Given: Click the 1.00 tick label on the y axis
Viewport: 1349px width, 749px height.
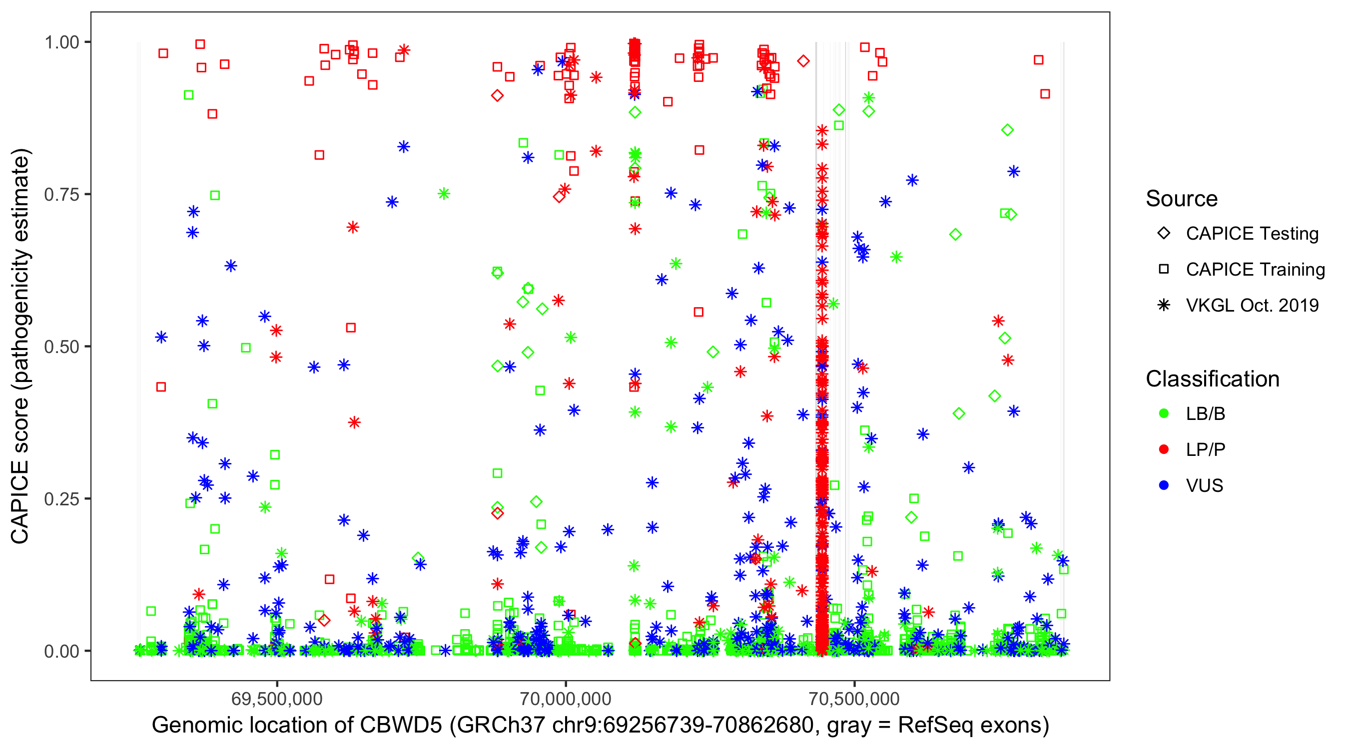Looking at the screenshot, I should tap(61, 42).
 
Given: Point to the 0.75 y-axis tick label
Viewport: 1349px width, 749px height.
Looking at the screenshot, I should tap(61, 195).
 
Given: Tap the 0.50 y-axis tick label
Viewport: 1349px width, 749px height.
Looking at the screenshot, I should tap(61, 347).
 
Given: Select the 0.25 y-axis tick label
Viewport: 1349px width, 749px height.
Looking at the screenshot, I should tap(61, 499).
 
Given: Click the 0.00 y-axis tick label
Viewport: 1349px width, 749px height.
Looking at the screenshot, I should tap(61, 651).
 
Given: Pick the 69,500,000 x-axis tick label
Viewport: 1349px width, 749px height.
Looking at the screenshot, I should tap(277, 699).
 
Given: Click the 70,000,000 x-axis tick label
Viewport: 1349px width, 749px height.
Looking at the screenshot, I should tap(566, 699).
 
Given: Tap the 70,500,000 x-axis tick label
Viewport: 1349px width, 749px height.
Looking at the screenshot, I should tap(855, 699).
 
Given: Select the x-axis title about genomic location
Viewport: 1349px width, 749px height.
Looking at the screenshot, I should tap(600, 726).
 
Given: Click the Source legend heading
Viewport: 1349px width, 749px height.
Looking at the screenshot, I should tap(1182, 199).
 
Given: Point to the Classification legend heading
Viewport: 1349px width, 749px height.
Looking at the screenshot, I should tap(1212, 379).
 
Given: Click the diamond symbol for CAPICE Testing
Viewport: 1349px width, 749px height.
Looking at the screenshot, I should tap(1164, 234).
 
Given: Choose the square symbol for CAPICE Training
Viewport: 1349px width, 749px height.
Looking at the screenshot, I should tap(1164, 270).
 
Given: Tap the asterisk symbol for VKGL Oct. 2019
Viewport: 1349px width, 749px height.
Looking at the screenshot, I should tap(1164, 305).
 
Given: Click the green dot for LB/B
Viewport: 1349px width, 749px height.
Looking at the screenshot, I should tap(1164, 414).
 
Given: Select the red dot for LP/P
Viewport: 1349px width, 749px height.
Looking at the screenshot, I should tap(1164, 449).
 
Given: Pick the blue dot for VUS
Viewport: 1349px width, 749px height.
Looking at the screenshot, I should tap(1164, 486).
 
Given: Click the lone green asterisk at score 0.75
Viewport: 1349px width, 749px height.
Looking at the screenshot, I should tap(444, 194).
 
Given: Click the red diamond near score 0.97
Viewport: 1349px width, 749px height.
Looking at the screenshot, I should tap(803, 61).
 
